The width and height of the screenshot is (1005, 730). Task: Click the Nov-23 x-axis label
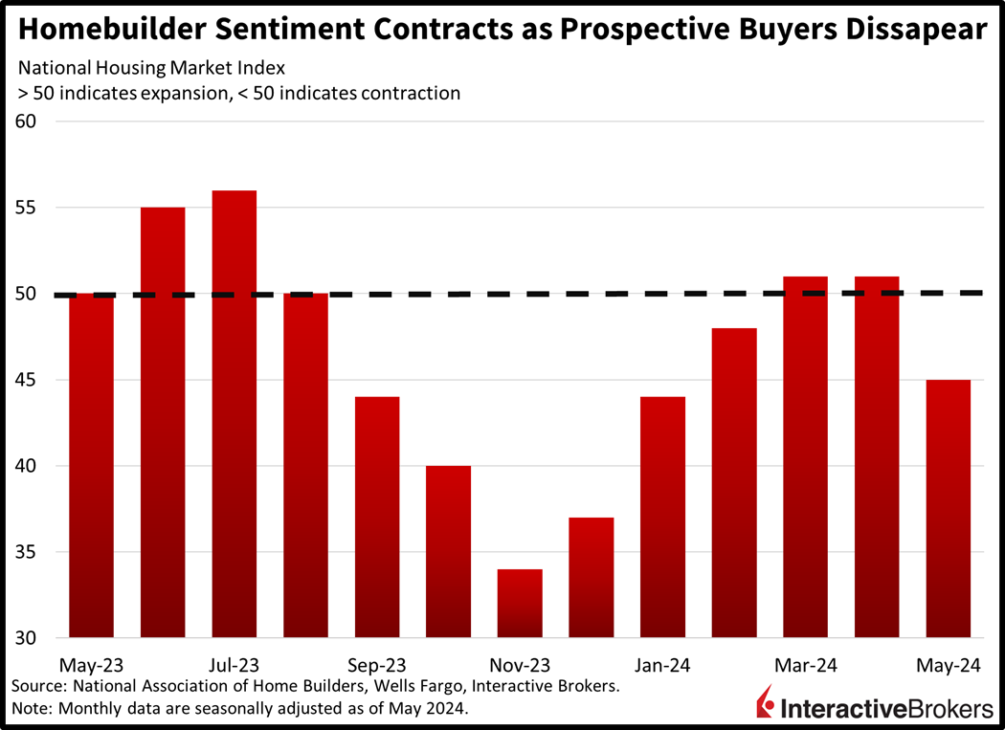point(520,664)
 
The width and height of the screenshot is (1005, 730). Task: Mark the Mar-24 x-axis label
point(805,664)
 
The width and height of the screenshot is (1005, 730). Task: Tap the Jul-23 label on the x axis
point(234,664)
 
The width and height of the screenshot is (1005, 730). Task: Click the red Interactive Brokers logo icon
point(766,703)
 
